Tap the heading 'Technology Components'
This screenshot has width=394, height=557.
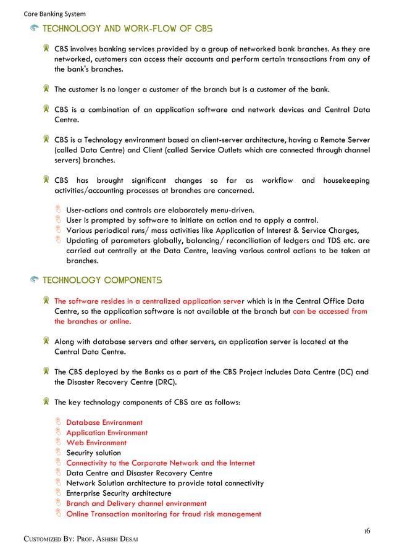(x=102, y=280)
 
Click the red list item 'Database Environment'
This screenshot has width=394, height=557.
(x=104, y=422)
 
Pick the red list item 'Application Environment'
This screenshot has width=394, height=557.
(x=107, y=433)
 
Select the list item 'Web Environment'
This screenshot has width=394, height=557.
(x=96, y=443)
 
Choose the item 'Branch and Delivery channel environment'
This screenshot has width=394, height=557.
(x=136, y=503)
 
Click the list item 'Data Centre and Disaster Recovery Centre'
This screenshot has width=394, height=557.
(x=139, y=473)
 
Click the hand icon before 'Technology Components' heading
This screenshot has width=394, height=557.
(x=35, y=280)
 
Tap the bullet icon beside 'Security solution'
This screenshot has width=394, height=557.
(x=59, y=453)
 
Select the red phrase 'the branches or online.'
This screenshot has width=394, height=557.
(x=93, y=321)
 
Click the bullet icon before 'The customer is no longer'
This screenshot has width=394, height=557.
(x=47, y=89)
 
